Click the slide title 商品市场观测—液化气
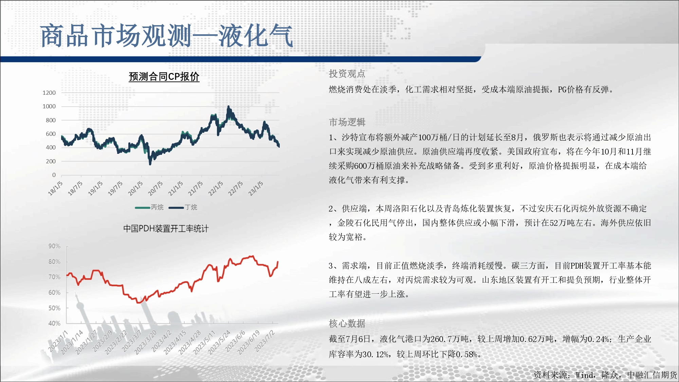pyautogui.click(x=166, y=36)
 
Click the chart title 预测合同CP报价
pyautogui.click(x=164, y=77)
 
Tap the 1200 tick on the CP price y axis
pyautogui.click(x=49, y=93)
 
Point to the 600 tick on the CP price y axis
pyautogui.click(x=51, y=134)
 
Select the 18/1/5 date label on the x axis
pyautogui.click(x=55, y=188)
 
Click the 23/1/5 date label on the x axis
pyautogui.click(x=256, y=188)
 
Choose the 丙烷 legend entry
pyautogui.click(x=149, y=207)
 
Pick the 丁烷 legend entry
pyautogui.click(x=183, y=207)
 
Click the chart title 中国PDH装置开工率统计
pyautogui.click(x=166, y=229)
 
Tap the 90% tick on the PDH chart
pyautogui.click(x=54, y=246)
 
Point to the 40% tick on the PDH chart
pyautogui.click(x=54, y=324)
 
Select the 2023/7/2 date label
pyautogui.click(x=265, y=341)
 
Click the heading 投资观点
pyautogui.click(x=347, y=74)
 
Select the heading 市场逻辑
pyautogui.click(x=347, y=122)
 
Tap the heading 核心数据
pyautogui.click(x=347, y=324)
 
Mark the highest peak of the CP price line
pyautogui.click(x=228, y=106)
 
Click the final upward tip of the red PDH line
pyautogui.click(x=278, y=262)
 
